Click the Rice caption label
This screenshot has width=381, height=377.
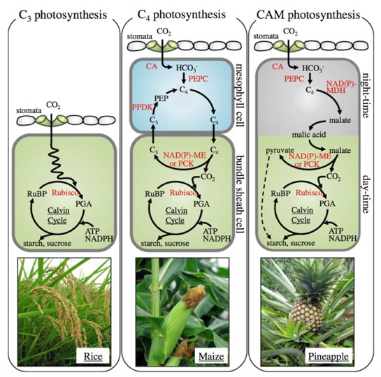93,356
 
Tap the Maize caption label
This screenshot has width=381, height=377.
211,356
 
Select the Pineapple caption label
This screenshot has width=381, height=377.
329,356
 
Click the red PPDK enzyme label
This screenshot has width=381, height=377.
142,107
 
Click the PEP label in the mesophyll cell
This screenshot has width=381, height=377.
161,98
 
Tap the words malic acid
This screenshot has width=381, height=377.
309,134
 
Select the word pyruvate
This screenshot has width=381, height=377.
280,150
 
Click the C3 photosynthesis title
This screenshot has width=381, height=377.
63,15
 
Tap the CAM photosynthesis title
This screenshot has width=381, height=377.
308,15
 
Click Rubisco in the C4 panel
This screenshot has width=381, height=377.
183,193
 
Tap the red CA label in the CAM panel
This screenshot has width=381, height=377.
278,66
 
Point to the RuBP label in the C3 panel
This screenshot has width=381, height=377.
38,194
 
